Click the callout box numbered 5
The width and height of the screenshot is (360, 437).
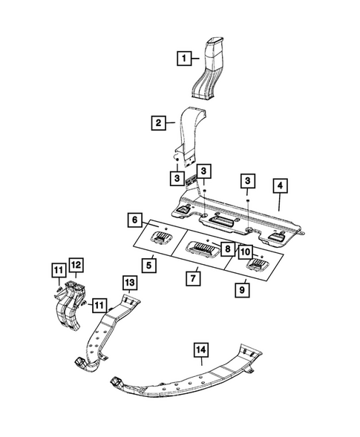[x=150, y=263]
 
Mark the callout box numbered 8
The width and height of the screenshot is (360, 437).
[x=228, y=250]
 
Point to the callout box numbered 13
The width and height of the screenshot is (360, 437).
[x=128, y=282]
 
